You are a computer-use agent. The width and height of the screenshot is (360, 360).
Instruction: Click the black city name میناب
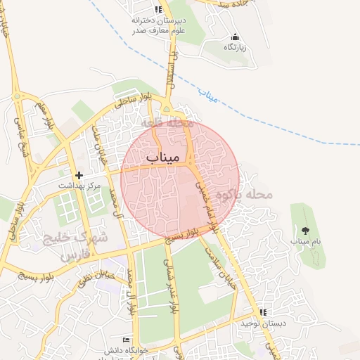coord(164,157)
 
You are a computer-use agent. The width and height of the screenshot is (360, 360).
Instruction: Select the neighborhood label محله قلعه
coord(167,123)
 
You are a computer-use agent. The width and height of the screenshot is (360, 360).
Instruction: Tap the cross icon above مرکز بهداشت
coord(79,174)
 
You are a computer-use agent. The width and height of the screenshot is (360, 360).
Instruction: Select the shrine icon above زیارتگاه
coord(235,37)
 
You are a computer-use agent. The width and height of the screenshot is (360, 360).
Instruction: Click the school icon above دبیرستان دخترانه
coord(158,9)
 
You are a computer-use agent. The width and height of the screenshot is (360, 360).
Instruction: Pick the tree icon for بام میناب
coord(305,230)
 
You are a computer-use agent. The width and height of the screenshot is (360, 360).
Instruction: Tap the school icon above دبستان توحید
coord(263,312)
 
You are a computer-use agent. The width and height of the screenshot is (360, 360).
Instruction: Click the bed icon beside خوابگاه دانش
coord(127,340)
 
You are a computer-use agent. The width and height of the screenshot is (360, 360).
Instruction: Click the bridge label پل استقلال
coord(169,70)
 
